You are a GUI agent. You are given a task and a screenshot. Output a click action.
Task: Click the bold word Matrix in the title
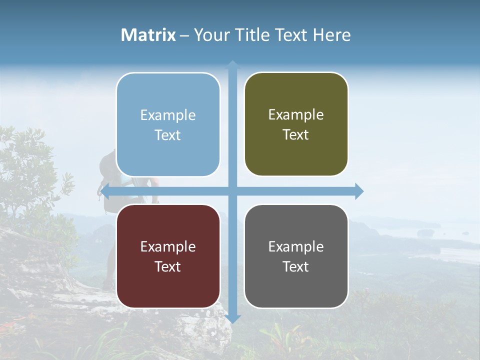point(148,35)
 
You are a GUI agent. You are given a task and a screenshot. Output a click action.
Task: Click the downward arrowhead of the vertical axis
point(232,319)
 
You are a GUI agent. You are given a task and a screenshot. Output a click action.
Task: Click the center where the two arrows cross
point(232,191)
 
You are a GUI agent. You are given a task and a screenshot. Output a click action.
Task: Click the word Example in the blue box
point(168,115)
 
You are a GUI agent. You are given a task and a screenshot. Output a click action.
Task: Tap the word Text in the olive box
point(296,135)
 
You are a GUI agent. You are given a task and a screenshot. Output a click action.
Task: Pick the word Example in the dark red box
point(168,247)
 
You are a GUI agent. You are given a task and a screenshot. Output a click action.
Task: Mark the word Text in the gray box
point(296,267)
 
